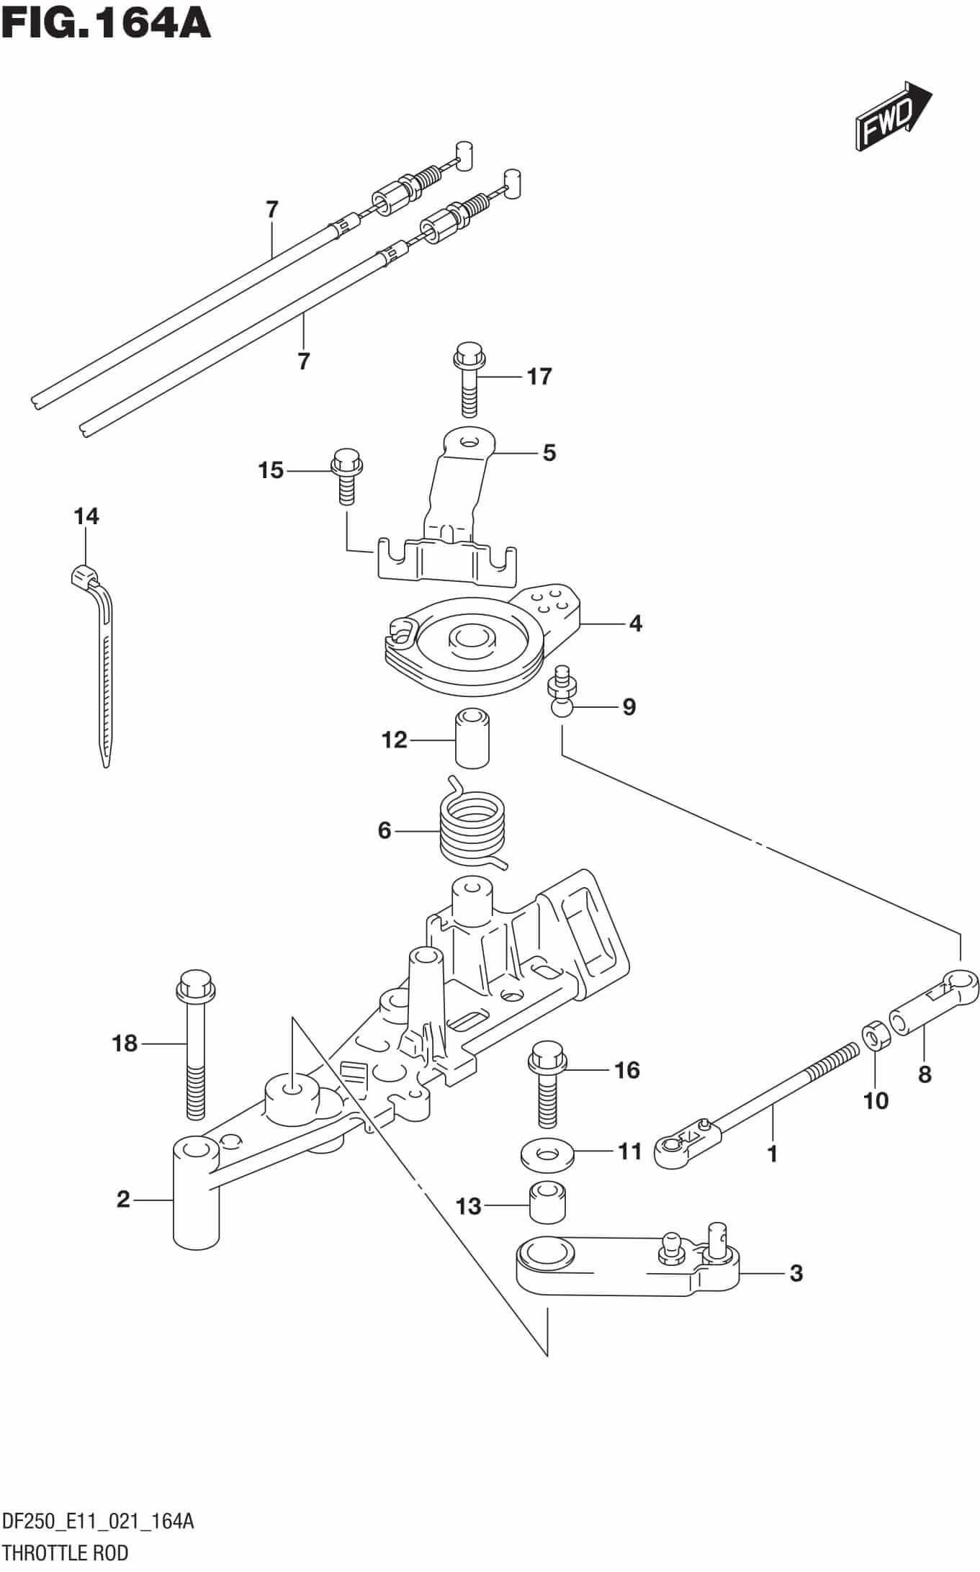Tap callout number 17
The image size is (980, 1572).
(x=539, y=376)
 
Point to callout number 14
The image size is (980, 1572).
(x=86, y=516)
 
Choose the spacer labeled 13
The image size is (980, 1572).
(x=546, y=1203)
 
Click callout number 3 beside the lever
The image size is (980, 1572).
(x=795, y=1273)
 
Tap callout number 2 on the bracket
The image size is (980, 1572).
(x=123, y=1199)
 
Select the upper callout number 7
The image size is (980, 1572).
(x=271, y=210)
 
